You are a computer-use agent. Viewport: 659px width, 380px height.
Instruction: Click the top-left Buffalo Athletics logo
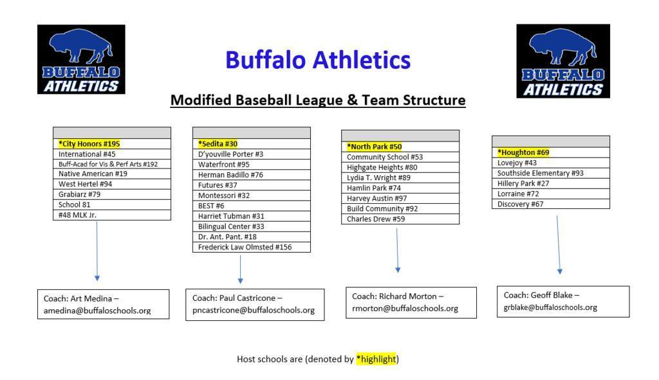tap(81, 59)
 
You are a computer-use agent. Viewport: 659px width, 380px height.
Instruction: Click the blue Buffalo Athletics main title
tap(317, 60)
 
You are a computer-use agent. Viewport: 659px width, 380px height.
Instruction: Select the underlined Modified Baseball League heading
tap(317, 100)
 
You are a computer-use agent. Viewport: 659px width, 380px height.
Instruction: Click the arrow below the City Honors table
tap(97, 251)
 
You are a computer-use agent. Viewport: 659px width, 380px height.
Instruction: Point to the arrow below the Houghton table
tap(559, 244)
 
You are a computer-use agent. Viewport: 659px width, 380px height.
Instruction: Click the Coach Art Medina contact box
tap(103, 304)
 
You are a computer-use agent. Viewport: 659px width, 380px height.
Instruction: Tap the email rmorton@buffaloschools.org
tap(405, 309)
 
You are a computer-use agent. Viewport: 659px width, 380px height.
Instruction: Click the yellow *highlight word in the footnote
tap(376, 359)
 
